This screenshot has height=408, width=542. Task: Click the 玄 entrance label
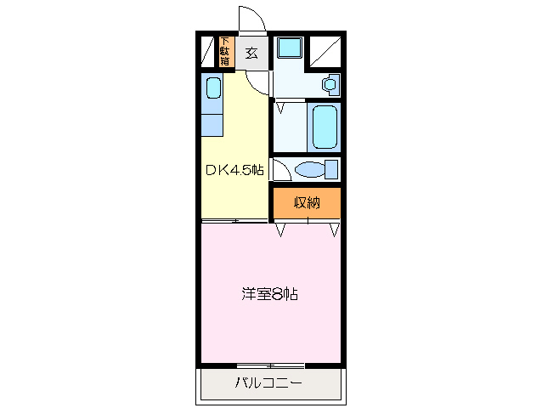point(251,53)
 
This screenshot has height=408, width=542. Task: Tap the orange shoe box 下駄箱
point(225,51)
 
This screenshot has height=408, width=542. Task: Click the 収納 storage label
point(307,202)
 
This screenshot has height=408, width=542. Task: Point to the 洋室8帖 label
point(269,295)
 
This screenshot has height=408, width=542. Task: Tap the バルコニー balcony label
point(268,383)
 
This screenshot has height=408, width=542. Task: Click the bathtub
point(325,127)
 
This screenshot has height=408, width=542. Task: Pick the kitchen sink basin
point(212,88)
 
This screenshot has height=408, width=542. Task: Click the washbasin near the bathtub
point(330,83)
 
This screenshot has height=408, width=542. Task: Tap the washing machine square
point(290,48)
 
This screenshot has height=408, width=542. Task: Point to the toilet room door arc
point(280,169)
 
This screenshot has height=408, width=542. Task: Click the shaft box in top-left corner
point(206,52)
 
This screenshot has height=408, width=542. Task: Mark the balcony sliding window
point(270,365)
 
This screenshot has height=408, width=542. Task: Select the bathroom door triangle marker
point(280,108)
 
